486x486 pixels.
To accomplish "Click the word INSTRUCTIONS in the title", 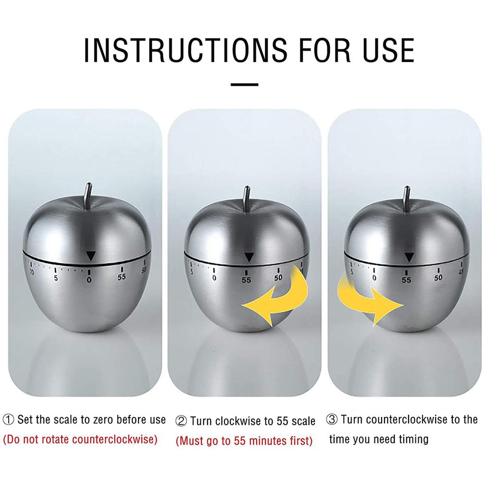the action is (x=186, y=50).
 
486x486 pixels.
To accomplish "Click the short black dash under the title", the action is (x=244, y=84).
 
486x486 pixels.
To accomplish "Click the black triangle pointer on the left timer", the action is (x=91, y=256).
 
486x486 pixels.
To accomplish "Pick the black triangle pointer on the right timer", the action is (x=409, y=257).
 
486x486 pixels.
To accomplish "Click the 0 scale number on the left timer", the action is (x=89, y=280).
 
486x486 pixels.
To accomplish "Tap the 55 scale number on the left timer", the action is (x=121, y=277).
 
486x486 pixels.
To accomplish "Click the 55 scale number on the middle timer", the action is (x=246, y=280).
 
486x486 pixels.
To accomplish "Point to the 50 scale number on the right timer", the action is (x=438, y=278).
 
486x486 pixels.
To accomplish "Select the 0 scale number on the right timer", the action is (x=374, y=278).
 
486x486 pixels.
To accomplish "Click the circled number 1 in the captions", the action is (x=8, y=420).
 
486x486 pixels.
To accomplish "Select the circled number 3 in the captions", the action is (x=332, y=420).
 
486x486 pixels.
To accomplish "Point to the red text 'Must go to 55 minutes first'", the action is (x=244, y=440).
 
